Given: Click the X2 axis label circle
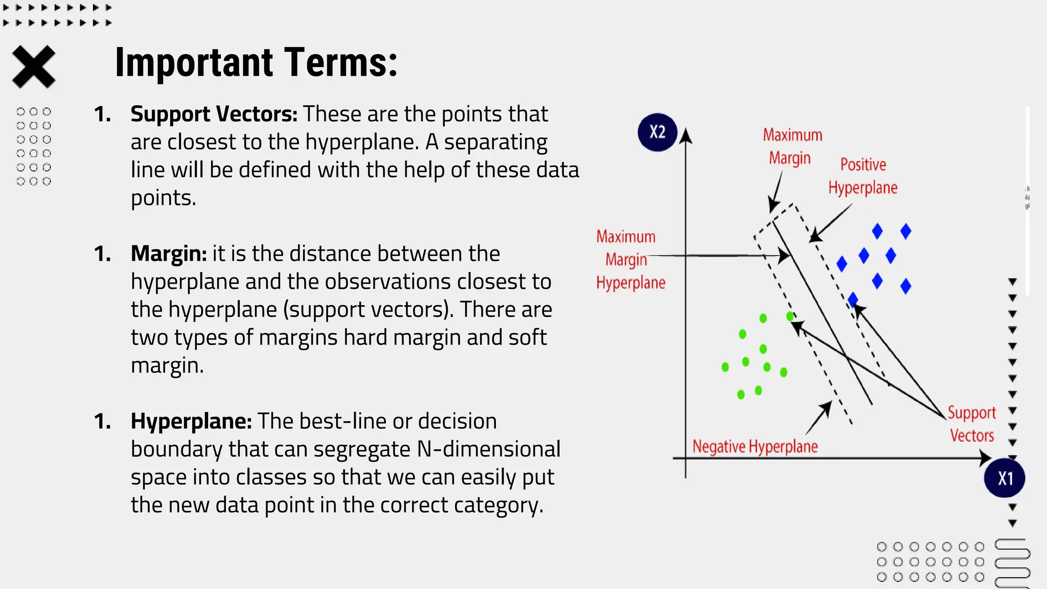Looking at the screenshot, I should (657, 132).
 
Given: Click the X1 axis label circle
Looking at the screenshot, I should (1004, 478).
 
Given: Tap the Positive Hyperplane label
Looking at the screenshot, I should (863, 176).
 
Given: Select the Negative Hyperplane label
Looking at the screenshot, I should (755, 446).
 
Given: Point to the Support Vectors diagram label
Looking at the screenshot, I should (971, 424).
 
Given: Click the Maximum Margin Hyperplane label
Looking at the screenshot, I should (630, 260).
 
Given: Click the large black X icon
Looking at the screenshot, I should (34, 66).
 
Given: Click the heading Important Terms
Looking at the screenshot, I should (256, 62).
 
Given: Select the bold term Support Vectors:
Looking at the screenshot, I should (214, 114).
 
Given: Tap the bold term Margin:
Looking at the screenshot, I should (169, 254).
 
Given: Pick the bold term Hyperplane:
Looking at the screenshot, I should (191, 421).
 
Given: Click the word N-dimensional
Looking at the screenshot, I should (489, 449).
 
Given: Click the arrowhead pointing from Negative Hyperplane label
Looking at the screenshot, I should (827, 406).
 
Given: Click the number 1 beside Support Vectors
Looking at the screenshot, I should (102, 114).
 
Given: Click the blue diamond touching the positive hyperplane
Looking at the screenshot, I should (853, 299).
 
